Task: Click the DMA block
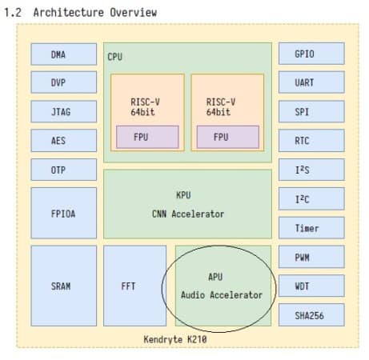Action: tap(64, 54)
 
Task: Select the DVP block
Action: tap(64, 82)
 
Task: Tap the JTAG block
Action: tap(64, 111)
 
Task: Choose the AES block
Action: tap(64, 141)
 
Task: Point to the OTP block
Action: tap(64, 170)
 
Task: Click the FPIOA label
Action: tap(63, 214)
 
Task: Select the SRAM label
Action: tap(61, 286)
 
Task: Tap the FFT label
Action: tap(128, 286)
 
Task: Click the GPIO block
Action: tap(311, 54)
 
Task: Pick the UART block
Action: tap(311, 82)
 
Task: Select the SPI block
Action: tap(311, 111)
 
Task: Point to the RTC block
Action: tap(311, 141)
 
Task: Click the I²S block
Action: tap(311, 170)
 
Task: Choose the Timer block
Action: tap(311, 228)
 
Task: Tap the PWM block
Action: tap(311, 257)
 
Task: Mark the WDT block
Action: tap(311, 286)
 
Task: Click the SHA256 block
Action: tap(311, 315)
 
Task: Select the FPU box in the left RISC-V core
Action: tap(147, 137)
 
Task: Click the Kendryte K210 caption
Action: tap(175, 339)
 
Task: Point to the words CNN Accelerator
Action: tap(188, 214)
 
